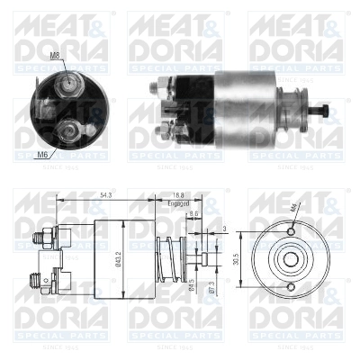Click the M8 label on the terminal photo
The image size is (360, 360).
pyautogui.click(x=55, y=56)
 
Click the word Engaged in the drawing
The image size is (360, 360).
pyautogui.click(x=178, y=204)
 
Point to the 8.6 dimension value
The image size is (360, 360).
pyautogui.click(x=194, y=214)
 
